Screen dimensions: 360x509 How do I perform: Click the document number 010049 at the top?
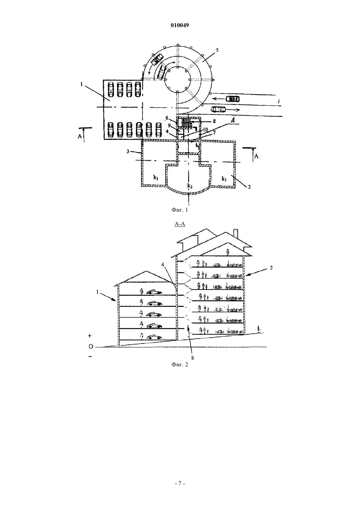pyautogui.click(x=180, y=25)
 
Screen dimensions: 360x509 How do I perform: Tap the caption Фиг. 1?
pyautogui.click(x=180, y=210)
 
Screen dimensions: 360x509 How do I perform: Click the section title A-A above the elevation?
pyautogui.click(x=180, y=224)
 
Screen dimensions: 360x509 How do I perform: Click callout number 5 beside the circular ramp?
pyautogui.click(x=217, y=50)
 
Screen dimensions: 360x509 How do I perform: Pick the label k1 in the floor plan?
pyautogui.click(x=156, y=178)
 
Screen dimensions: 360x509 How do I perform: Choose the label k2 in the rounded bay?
pyautogui.click(x=190, y=186)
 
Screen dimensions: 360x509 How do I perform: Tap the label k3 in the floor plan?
pyautogui.click(x=224, y=179)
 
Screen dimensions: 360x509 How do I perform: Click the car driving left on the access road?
pyautogui.click(x=233, y=99)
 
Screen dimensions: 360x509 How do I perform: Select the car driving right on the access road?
pyautogui.click(x=218, y=109)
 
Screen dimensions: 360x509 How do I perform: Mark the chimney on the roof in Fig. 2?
pyautogui.click(x=236, y=234)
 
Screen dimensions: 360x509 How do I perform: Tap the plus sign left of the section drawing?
pyautogui.click(x=90, y=336)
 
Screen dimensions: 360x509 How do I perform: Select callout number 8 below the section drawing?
pyautogui.click(x=192, y=358)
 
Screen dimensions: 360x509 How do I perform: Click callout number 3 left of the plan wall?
pyautogui.click(x=128, y=151)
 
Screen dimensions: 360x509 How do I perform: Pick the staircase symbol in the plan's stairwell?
pyautogui.click(x=186, y=123)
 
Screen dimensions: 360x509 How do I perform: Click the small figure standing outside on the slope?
pyautogui.click(x=259, y=329)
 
